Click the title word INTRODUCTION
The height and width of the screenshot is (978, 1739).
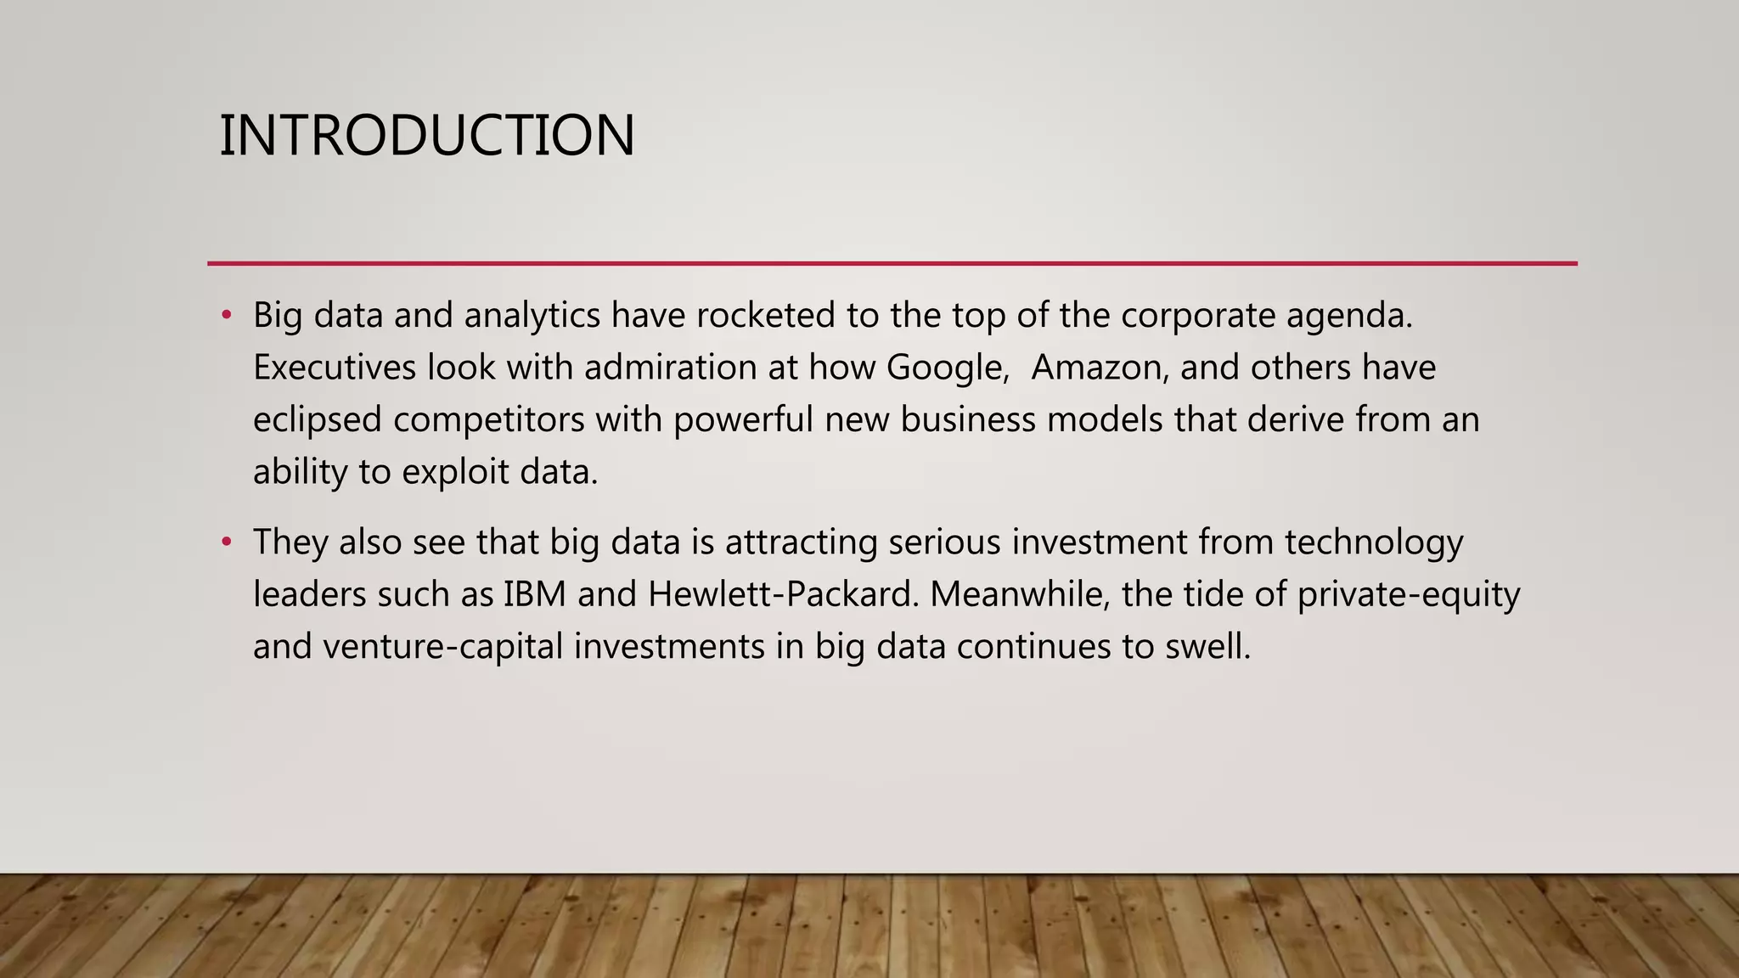pyautogui.click(x=426, y=136)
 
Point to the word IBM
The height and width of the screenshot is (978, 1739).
pyautogui.click(x=534, y=594)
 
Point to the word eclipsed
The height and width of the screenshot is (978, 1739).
pyautogui.click(x=317, y=420)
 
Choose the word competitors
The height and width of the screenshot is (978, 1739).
pyautogui.click(x=488, y=420)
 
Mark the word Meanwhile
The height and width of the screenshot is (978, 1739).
pyautogui.click(x=1020, y=594)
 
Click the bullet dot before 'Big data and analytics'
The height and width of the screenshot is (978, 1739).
pyautogui.click(x=226, y=316)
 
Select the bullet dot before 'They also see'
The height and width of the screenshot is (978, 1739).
pyautogui.click(x=226, y=542)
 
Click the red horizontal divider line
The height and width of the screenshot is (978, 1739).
pyautogui.click(x=892, y=263)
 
